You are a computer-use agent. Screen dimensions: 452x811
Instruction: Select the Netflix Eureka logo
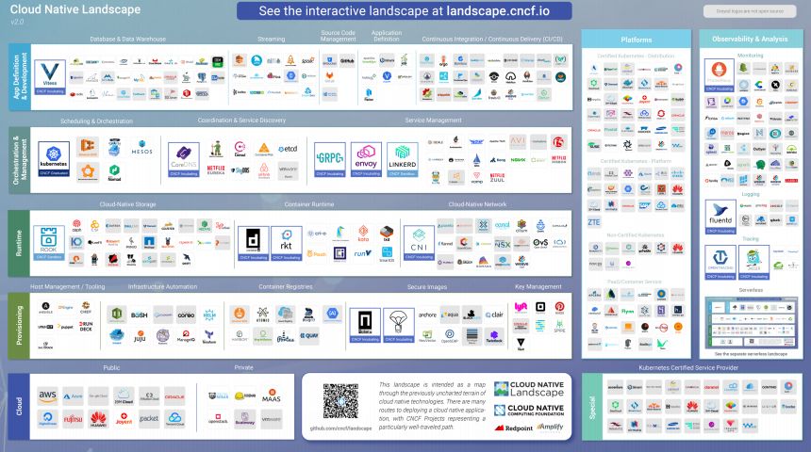[216, 170]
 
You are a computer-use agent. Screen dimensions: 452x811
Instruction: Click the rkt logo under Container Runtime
[286, 240]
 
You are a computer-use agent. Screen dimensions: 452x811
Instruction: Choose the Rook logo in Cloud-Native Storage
[48, 240]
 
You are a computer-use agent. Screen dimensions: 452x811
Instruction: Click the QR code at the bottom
[339, 400]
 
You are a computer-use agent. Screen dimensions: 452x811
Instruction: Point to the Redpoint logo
[513, 428]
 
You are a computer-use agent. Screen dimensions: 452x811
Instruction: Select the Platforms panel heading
[637, 40]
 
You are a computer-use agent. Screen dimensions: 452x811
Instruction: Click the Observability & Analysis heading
[750, 40]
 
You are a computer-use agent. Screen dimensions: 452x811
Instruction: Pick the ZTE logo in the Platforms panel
[594, 221]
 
